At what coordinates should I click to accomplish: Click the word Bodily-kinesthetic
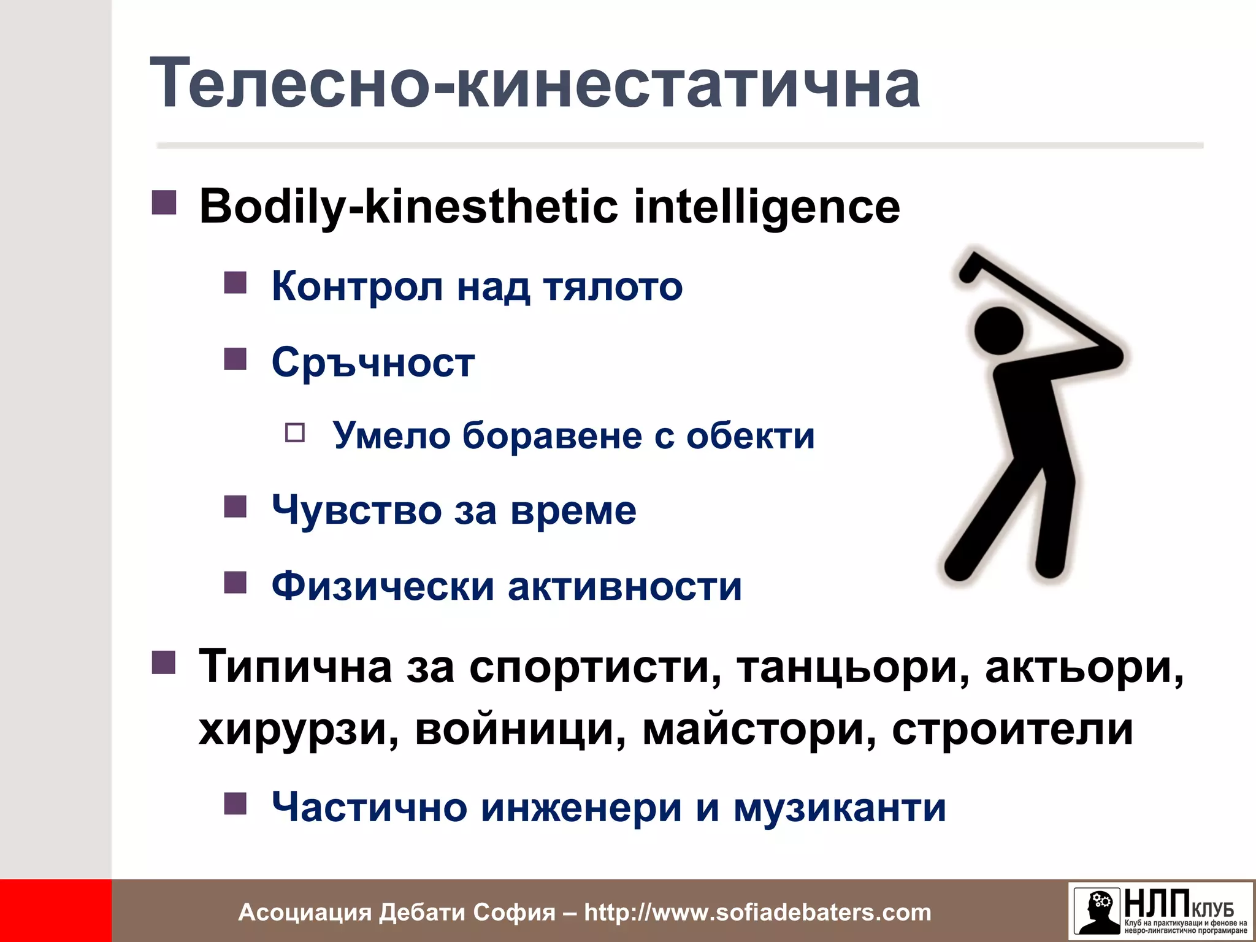click(x=408, y=207)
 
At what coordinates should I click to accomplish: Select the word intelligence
click(x=767, y=207)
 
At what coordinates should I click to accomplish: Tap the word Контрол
click(x=357, y=286)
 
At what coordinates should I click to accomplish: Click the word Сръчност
click(x=373, y=362)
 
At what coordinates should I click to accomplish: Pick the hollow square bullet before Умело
click(x=295, y=433)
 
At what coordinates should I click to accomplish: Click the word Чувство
click(x=356, y=510)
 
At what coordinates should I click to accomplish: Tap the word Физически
click(x=383, y=586)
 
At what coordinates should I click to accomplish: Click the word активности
click(x=624, y=586)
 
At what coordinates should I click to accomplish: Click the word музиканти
click(x=840, y=807)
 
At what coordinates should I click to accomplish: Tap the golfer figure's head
click(x=998, y=330)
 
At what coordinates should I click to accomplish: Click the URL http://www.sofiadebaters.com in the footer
click(x=757, y=912)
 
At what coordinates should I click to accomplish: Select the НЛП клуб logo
click(x=1160, y=911)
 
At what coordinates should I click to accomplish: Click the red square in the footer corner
click(x=55, y=911)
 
